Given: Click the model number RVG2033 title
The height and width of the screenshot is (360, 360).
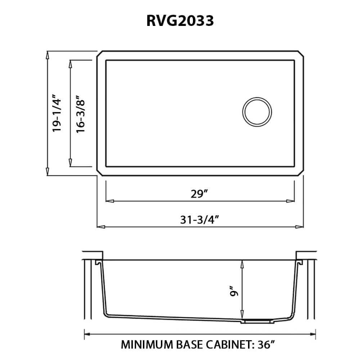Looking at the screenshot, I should [x=180, y=21].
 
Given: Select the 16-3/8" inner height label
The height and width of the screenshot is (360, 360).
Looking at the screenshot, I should [x=80, y=113].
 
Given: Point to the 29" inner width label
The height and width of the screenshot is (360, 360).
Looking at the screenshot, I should [x=201, y=194].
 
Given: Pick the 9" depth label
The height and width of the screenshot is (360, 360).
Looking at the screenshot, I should [x=235, y=291].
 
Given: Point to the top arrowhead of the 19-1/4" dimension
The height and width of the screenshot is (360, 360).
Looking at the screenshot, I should [x=48, y=54].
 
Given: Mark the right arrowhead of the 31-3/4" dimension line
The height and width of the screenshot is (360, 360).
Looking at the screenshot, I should [x=301, y=227].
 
